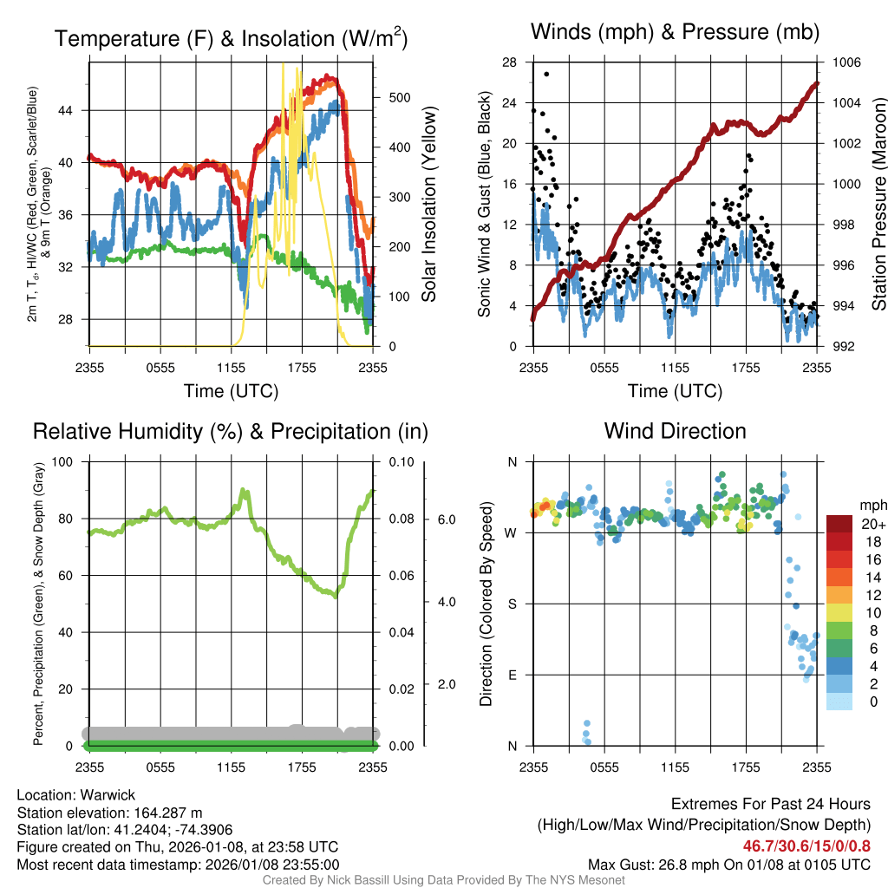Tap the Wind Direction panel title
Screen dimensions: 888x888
675,431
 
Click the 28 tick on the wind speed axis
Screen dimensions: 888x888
509,62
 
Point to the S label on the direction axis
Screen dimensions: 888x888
512,604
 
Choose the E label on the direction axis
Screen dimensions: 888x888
512,675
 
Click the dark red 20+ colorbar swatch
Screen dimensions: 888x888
839,524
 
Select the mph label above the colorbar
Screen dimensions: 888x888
871,505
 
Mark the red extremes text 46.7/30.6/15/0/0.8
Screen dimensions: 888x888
806,845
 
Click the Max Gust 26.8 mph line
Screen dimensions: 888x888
728,864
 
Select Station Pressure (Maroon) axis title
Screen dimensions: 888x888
878,205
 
